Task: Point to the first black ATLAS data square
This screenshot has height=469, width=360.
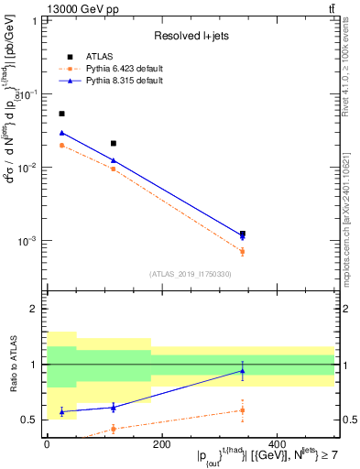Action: tap(61, 114)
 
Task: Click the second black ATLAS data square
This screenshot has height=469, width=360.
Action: tap(113, 143)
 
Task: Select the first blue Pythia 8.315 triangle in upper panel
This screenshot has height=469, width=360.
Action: tap(61, 133)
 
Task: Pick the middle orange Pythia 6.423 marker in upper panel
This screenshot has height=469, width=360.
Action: tap(113, 169)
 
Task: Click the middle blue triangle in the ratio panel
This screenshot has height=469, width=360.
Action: tap(113, 407)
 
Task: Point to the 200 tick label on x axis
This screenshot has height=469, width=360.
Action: tap(161, 444)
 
